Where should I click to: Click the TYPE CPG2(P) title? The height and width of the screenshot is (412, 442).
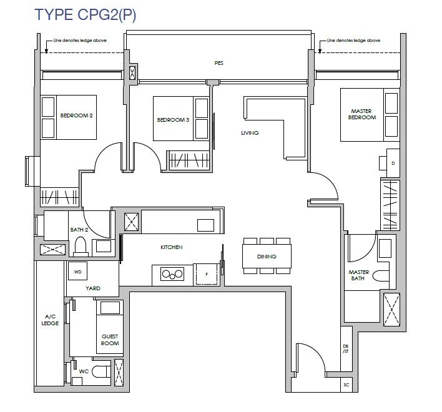[85, 14]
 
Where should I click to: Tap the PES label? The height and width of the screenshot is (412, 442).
[219, 63]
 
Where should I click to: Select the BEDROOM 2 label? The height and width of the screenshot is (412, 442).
[76, 115]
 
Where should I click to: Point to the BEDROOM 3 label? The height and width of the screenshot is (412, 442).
[173, 120]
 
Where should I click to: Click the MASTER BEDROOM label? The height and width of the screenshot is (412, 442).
[362, 114]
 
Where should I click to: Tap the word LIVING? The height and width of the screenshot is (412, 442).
[250, 133]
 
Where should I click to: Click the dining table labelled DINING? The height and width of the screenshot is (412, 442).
[267, 256]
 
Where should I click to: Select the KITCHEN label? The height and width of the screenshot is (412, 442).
[172, 247]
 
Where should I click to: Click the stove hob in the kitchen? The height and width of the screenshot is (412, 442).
[172, 274]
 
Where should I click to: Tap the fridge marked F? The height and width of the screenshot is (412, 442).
[207, 275]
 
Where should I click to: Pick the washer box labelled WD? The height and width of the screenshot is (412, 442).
[77, 271]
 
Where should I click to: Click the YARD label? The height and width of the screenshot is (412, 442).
[93, 288]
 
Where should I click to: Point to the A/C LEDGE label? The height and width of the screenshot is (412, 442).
[50, 320]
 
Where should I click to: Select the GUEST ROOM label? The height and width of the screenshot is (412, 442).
[110, 340]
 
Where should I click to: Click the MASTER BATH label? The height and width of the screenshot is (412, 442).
[358, 275]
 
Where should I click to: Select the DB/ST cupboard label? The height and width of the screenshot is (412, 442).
[346, 348]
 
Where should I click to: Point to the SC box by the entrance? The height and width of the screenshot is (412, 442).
[346, 385]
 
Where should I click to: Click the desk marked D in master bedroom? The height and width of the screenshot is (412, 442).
[393, 163]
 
